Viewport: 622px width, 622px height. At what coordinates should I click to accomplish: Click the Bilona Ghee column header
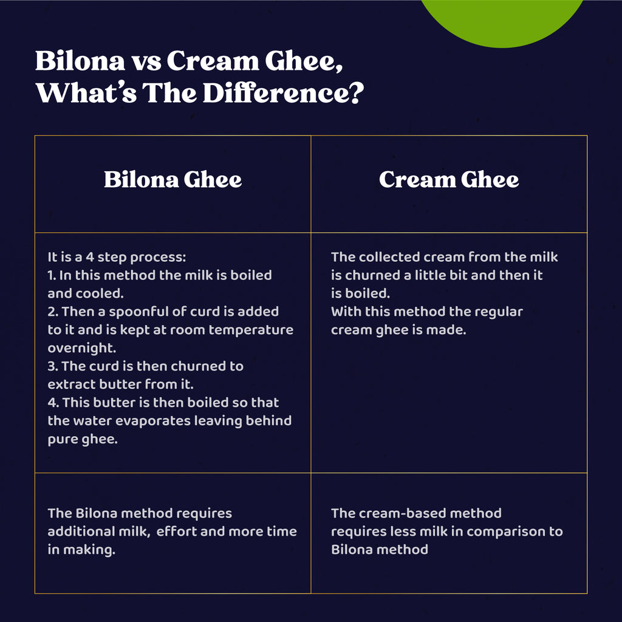(173, 179)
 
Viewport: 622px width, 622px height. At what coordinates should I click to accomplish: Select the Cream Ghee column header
(449, 179)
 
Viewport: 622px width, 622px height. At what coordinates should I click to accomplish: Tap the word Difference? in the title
(283, 93)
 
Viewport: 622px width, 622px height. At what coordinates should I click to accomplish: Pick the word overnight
(82, 348)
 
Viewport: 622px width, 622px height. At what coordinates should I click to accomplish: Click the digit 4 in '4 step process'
(90, 257)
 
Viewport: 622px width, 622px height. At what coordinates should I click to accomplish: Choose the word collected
(389, 257)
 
